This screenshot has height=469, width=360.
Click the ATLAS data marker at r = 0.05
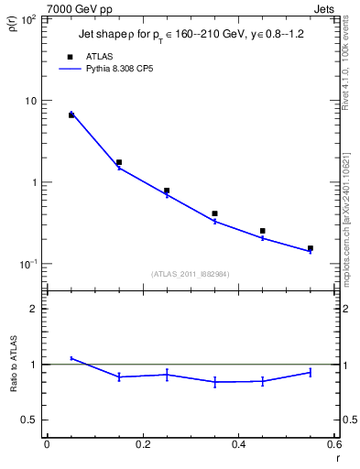tap(71, 115)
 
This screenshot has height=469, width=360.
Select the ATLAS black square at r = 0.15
tap(119, 162)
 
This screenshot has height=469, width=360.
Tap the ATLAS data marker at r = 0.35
tap(214, 213)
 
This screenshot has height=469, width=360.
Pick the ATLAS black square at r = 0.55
tap(311, 248)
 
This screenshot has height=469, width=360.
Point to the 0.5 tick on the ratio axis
tap(30, 420)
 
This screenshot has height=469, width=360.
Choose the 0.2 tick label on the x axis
tap(142, 445)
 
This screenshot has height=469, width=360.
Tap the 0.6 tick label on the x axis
tap(333, 445)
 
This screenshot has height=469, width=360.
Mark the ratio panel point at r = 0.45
tap(262, 381)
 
